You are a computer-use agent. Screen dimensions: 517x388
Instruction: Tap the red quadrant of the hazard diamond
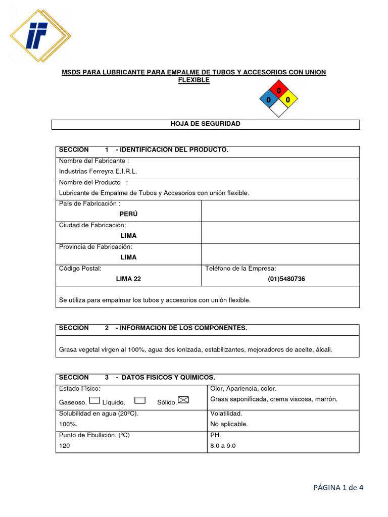(x=278, y=90)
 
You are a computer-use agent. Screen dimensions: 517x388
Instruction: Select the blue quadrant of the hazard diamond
(x=268, y=100)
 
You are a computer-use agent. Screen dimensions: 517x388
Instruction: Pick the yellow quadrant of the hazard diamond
(x=288, y=100)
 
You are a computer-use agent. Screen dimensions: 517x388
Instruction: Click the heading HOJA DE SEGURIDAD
(x=206, y=124)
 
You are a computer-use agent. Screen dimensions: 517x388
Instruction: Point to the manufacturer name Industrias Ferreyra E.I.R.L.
(x=98, y=171)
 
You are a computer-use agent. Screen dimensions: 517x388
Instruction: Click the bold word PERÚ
(x=128, y=214)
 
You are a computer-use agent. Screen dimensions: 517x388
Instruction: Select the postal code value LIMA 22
(x=128, y=279)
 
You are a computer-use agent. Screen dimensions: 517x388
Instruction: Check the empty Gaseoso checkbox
(x=94, y=400)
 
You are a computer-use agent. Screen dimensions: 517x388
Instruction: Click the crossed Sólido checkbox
(x=183, y=400)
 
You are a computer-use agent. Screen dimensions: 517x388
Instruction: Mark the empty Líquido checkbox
(x=140, y=400)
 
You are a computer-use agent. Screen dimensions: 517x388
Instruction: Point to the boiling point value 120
(x=65, y=446)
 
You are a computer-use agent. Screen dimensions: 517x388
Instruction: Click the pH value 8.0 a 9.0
(x=223, y=446)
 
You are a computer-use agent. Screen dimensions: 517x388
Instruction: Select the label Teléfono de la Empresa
(x=240, y=268)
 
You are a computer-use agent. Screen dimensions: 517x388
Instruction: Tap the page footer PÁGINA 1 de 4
(x=338, y=487)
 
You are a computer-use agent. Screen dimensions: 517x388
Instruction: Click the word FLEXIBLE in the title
(x=193, y=80)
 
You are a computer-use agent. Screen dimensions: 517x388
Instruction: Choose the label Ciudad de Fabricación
(x=92, y=225)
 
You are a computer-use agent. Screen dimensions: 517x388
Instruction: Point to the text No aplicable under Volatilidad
(x=228, y=424)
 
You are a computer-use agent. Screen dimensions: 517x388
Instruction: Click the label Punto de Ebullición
(x=94, y=435)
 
